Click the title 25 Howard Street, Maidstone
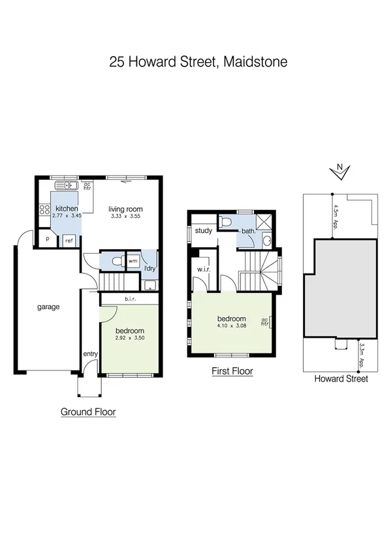click(x=198, y=63)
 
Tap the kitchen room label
click(x=66, y=209)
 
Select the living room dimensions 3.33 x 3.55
click(x=125, y=216)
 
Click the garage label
click(x=48, y=306)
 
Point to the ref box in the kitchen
click(x=69, y=241)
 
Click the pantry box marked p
click(x=47, y=239)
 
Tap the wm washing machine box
click(x=133, y=261)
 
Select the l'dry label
click(x=149, y=269)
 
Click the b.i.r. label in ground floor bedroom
click(x=129, y=299)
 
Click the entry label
click(x=89, y=354)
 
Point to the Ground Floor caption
click(x=88, y=411)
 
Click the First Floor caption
click(x=232, y=372)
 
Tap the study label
click(x=204, y=230)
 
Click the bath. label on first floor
click(x=249, y=231)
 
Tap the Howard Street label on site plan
click(x=341, y=379)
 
